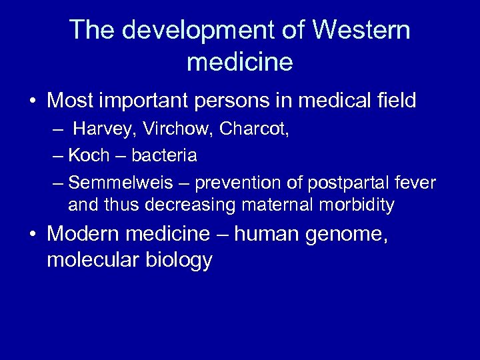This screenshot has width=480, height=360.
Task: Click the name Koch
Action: click(x=89, y=156)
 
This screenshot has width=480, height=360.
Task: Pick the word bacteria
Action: click(x=164, y=156)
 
